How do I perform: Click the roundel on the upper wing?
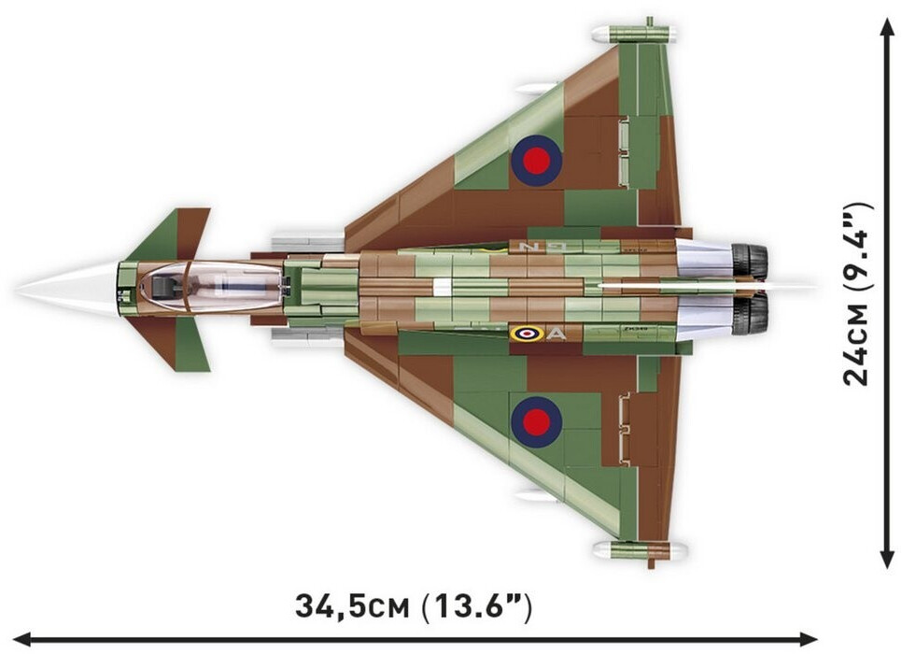tap(536, 161)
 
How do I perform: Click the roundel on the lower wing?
tap(536, 422)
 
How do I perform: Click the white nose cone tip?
tap(17, 290)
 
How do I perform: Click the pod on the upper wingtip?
tap(634, 34)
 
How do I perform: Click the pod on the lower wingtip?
tap(640, 549)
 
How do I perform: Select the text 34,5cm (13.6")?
tap(414, 605)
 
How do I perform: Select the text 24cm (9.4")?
tap(858, 294)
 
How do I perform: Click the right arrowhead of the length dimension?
tap(809, 639)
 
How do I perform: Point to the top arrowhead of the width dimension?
tap(886, 25)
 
